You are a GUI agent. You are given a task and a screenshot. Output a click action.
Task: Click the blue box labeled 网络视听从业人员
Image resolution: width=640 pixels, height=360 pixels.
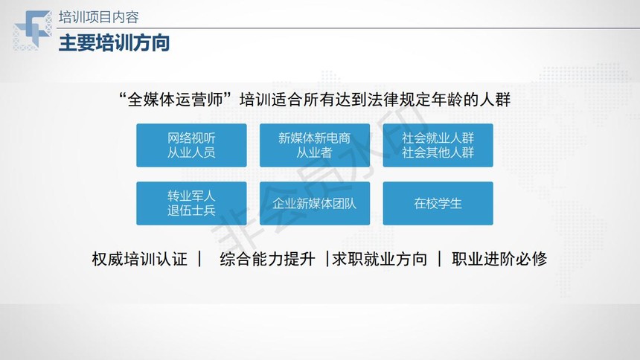pyautogui.click(x=191, y=145)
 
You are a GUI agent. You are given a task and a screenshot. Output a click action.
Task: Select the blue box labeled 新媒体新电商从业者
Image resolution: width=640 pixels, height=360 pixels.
pyautogui.click(x=315, y=145)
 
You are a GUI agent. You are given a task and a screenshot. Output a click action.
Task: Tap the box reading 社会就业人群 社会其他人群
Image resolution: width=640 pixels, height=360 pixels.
pyautogui.click(x=438, y=145)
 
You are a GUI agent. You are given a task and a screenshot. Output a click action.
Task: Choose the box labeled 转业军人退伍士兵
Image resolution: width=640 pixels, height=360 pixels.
pyautogui.click(x=191, y=203)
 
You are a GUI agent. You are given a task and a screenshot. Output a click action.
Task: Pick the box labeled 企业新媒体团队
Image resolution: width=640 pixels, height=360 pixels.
pyautogui.click(x=315, y=203)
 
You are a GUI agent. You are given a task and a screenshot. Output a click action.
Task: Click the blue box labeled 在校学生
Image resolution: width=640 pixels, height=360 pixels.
pyautogui.click(x=438, y=203)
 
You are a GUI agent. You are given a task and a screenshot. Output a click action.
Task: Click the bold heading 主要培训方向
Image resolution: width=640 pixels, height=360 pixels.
pyautogui.click(x=115, y=43)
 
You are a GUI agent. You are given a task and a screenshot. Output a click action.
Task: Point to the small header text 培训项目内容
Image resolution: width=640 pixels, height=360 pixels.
pyautogui.click(x=99, y=17)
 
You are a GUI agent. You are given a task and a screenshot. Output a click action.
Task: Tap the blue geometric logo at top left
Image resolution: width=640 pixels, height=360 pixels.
pyautogui.click(x=33, y=30)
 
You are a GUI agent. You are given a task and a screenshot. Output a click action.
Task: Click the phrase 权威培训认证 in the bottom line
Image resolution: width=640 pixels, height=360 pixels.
pyautogui.click(x=140, y=259)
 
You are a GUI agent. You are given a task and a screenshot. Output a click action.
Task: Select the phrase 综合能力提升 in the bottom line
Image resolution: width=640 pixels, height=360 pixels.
pyautogui.click(x=267, y=259)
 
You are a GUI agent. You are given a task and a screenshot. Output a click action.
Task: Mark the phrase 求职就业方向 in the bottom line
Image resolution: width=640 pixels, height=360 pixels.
pyautogui.click(x=380, y=259)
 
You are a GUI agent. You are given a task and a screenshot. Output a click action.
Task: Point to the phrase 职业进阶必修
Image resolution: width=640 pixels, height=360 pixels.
pyautogui.click(x=499, y=259)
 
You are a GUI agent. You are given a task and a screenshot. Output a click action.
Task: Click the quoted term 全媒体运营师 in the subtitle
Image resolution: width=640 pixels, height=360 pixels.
pyautogui.click(x=176, y=100)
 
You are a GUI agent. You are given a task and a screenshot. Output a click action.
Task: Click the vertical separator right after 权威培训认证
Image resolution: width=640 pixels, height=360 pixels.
pyautogui.click(x=199, y=259)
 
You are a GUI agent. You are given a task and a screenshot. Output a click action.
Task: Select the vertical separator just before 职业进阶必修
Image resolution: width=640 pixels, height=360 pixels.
pyautogui.click(x=439, y=259)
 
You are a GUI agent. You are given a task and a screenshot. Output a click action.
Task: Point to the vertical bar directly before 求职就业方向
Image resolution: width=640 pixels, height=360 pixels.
pyautogui.click(x=327, y=259)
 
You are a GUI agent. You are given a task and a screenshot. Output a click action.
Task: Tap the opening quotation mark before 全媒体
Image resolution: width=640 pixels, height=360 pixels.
pyautogui.click(x=122, y=96)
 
